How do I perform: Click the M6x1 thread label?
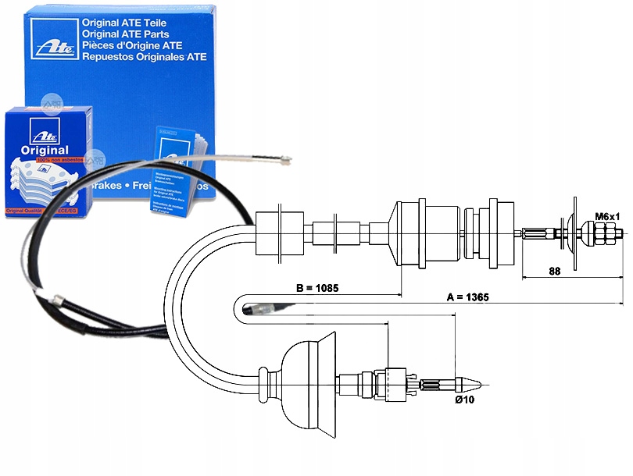pyautogui.click(x=607, y=216)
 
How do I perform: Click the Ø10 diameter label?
pyautogui.click(x=465, y=400)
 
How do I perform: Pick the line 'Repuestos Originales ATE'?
pyautogui.click(x=144, y=57)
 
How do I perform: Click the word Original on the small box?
pyautogui.click(x=41, y=150)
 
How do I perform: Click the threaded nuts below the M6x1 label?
pyautogui.click(x=606, y=232)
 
